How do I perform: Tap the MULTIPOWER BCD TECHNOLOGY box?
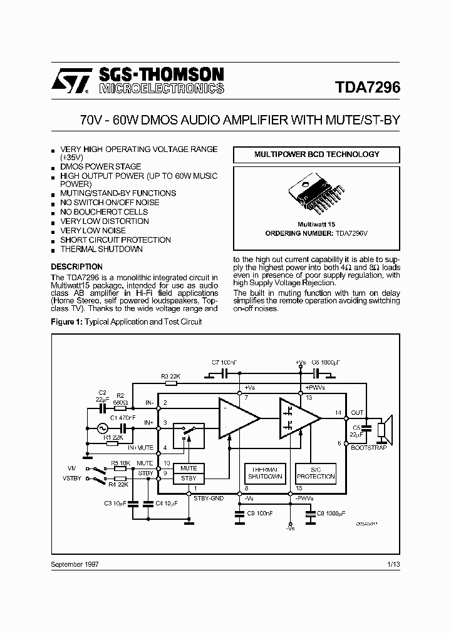(x=316, y=154)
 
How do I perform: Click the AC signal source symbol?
(x=101, y=428)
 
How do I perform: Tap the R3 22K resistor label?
(x=170, y=376)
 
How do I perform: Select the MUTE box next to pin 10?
(x=189, y=468)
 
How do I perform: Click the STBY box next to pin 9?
(x=189, y=478)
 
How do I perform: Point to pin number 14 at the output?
(x=338, y=412)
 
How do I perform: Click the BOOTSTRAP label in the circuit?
(x=369, y=448)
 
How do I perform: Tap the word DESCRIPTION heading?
(x=76, y=266)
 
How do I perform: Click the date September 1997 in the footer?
(x=74, y=564)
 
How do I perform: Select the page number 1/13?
(x=393, y=564)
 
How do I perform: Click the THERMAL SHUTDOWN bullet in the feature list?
(x=101, y=249)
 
